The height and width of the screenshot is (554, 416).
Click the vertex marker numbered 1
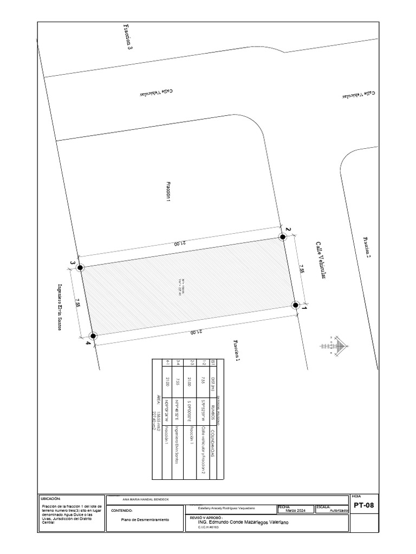point(295,305)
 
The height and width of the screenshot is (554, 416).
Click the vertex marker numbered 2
point(282,236)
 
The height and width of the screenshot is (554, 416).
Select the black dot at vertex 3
point(80,267)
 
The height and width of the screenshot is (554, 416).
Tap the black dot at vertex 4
point(93,335)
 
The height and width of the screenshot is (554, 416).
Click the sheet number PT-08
point(363,506)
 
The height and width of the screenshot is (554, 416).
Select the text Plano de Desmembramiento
point(145,519)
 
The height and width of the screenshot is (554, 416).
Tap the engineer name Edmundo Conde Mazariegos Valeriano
point(244,522)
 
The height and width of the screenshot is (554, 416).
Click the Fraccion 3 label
point(128,37)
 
